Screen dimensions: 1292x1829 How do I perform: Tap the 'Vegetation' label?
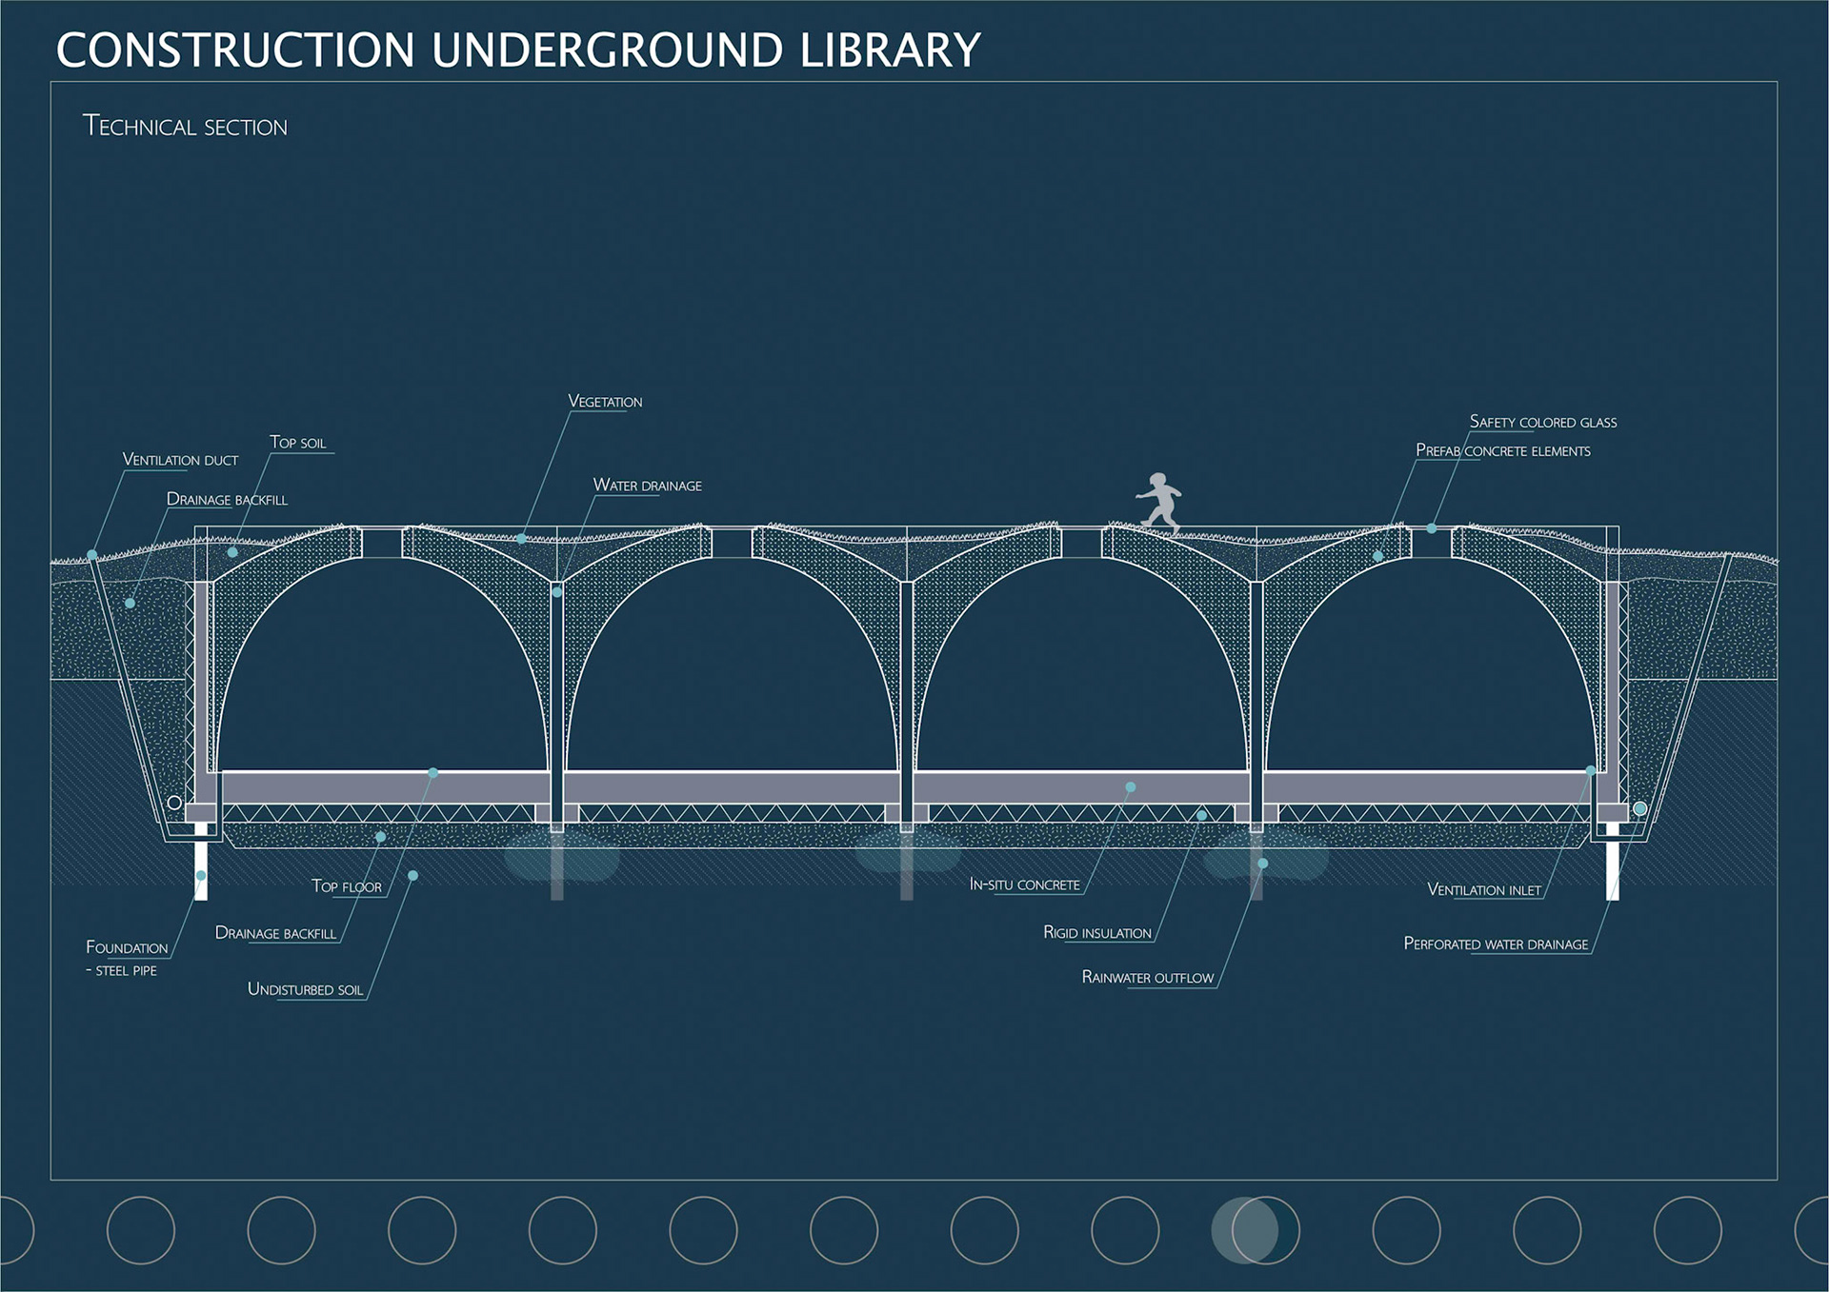605,402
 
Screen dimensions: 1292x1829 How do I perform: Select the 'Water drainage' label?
647,486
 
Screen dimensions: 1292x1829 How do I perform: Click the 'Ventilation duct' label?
180,460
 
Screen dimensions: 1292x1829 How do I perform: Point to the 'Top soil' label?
298,443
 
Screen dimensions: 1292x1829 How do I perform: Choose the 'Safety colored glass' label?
1542,422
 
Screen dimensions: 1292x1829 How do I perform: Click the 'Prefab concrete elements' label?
1502,450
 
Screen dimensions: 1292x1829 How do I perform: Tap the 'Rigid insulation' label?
1096,933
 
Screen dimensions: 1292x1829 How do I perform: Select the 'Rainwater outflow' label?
1147,978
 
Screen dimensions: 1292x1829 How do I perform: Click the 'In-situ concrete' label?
1024,885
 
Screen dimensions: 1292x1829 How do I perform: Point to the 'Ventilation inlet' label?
1483,890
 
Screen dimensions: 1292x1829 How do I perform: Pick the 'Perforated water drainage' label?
1496,944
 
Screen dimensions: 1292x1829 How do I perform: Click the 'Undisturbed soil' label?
305,990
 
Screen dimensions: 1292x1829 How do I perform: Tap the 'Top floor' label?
347,886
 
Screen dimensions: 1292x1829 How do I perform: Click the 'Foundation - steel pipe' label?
127,957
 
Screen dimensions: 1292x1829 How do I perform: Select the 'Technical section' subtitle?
185,127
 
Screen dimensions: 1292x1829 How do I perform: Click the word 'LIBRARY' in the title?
890,50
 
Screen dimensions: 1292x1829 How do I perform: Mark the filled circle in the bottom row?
1244,1230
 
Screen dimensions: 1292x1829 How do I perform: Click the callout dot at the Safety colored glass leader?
1431,528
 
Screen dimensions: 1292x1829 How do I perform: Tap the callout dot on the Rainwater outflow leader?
1262,864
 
